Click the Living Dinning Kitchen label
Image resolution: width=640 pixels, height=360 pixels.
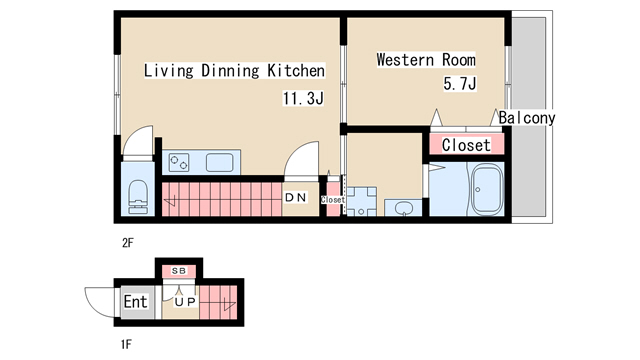pyautogui.click(x=234, y=71)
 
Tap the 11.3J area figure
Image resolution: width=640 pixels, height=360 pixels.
pyautogui.click(x=303, y=98)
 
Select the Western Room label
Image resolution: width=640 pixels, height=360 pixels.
pyautogui.click(x=426, y=60)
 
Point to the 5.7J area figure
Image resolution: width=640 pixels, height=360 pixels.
pyautogui.click(x=460, y=84)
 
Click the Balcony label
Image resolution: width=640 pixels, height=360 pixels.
pyautogui.click(x=527, y=118)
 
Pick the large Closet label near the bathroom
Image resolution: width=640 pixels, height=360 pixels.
pyautogui.click(x=466, y=145)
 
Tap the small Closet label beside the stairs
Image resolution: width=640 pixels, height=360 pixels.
pyautogui.click(x=333, y=200)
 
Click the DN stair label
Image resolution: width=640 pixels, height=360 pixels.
pyautogui.click(x=296, y=198)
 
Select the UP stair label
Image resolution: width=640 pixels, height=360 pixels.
pyautogui.click(x=185, y=302)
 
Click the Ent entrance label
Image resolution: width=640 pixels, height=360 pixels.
pyautogui.click(x=135, y=302)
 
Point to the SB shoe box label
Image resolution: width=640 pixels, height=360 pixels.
pyautogui.click(x=179, y=271)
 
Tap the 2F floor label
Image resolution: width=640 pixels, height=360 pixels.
pyautogui.click(x=128, y=243)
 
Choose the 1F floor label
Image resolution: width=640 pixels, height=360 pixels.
pyautogui.click(x=127, y=344)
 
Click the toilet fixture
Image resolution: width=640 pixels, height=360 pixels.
pyautogui.click(x=138, y=197)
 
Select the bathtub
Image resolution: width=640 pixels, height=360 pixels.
pyautogui.click(x=487, y=189)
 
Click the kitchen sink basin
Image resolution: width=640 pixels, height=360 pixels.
pyautogui.click(x=220, y=162)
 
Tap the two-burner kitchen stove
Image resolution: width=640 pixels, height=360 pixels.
pyautogui.click(x=179, y=162)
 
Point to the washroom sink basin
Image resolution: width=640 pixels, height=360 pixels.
pyautogui.click(x=404, y=208)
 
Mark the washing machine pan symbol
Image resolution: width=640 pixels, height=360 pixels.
pyautogui.click(x=361, y=202)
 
